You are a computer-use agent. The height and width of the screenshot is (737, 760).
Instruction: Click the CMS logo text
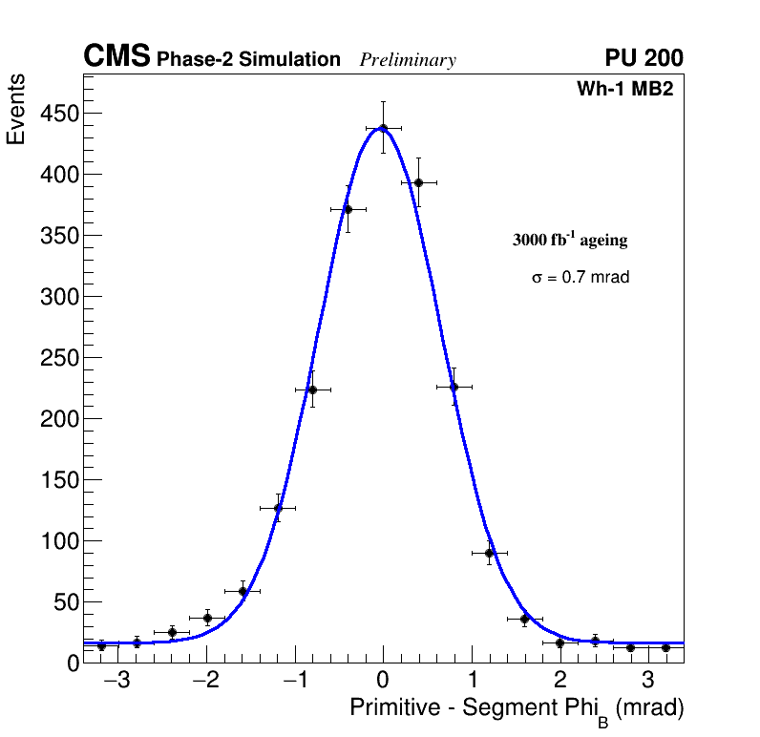[116, 57]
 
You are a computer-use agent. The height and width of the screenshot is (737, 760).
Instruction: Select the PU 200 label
[644, 58]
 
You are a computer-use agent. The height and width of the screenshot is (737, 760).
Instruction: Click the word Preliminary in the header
[408, 60]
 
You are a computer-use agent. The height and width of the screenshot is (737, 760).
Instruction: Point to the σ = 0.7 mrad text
[581, 278]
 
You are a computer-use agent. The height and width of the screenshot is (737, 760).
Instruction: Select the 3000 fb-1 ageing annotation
[570, 241]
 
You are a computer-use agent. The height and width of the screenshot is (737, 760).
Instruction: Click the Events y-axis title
[16, 111]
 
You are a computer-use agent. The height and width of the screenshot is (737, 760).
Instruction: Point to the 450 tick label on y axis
[58, 114]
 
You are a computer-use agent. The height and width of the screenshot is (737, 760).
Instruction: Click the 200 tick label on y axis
[58, 419]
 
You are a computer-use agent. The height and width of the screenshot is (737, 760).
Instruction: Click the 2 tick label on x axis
[560, 681]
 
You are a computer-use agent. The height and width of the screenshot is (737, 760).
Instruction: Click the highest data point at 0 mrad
[383, 128]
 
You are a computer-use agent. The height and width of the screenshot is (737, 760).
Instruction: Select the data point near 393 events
[418, 182]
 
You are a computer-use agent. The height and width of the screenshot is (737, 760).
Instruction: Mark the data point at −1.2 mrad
[278, 508]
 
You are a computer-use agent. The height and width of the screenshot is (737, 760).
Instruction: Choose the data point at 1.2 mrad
[489, 553]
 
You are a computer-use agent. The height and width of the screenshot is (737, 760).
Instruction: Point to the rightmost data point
[665, 647]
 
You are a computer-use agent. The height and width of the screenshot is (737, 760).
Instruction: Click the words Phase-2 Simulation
[248, 60]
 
